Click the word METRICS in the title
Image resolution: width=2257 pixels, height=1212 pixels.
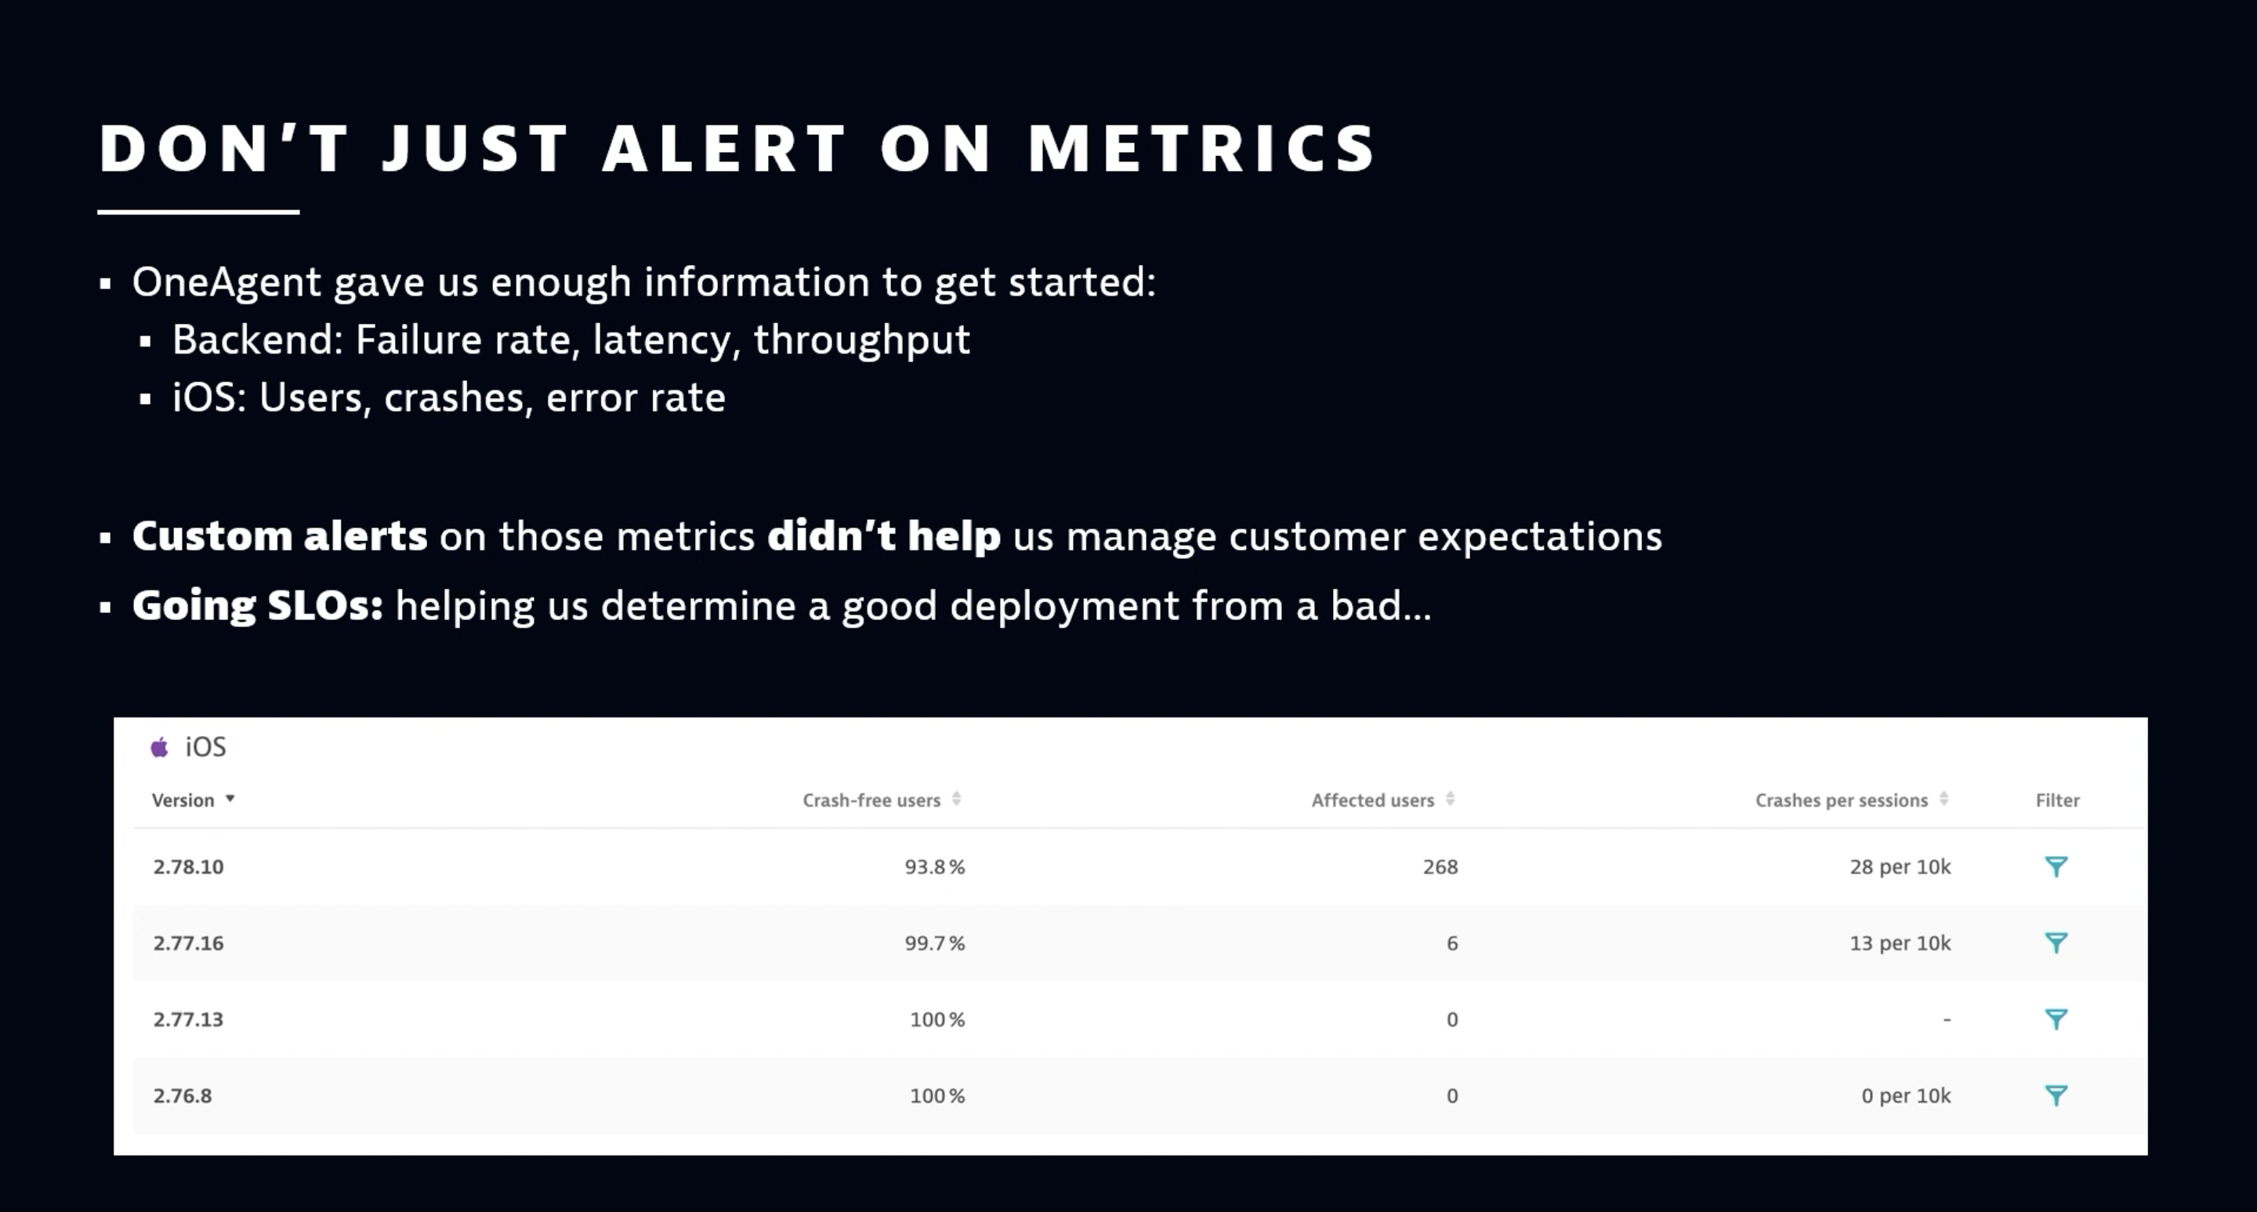coord(1202,148)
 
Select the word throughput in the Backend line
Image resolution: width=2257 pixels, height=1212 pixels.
coord(861,340)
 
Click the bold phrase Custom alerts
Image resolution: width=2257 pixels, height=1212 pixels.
coord(280,536)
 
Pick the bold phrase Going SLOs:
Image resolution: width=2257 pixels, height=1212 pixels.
coord(258,605)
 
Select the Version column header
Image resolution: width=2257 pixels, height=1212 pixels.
coord(183,800)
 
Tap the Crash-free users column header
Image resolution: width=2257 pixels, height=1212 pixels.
coord(871,800)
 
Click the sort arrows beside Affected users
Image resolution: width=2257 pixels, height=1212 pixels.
coord(1450,798)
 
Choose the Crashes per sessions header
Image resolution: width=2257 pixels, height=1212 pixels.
coord(1841,800)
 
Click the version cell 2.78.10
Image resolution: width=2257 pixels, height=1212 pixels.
coord(188,867)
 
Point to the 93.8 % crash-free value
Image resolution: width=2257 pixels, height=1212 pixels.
coord(934,867)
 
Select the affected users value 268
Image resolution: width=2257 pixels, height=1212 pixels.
coord(1440,867)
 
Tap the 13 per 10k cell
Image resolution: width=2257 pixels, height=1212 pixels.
coord(1900,943)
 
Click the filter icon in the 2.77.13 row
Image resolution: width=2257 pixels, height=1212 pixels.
coord(2056,1018)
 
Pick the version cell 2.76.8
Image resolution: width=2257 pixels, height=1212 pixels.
coord(183,1095)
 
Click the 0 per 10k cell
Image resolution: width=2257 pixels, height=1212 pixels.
coord(1906,1095)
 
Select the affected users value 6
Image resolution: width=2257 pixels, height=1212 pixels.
coord(1452,943)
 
